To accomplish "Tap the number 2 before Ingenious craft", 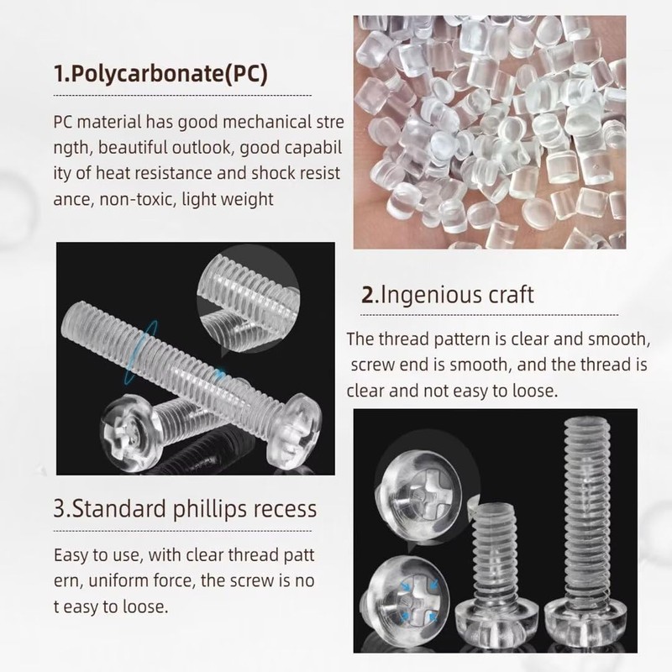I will [367, 296].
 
